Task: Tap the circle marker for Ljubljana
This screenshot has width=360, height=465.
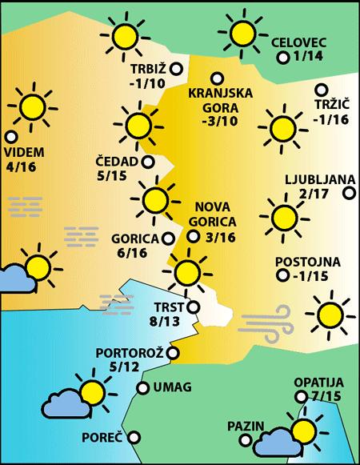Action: (349, 192)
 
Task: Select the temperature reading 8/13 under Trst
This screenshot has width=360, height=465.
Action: (165, 322)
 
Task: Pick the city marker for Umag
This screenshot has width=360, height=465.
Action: (143, 388)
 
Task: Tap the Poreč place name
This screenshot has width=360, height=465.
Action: (102, 438)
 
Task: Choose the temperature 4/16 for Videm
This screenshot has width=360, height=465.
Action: (21, 166)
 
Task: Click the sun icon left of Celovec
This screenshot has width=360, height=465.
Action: (242, 33)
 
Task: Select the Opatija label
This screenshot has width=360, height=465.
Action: (318, 383)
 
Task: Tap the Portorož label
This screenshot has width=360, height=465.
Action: (130, 353)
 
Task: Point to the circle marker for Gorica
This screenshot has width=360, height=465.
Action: (168, 238)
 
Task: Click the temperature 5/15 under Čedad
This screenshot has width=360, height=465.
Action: (112, 176)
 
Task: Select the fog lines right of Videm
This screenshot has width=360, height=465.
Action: (25, 206)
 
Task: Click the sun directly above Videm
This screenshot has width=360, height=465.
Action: (33, 105)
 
